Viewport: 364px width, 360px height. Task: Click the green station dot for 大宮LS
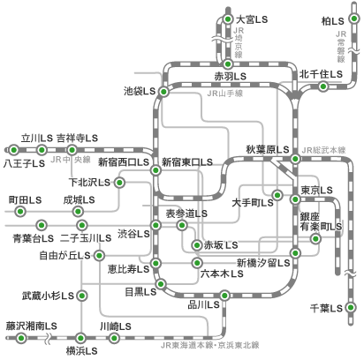228,19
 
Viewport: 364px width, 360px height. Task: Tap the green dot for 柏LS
354,19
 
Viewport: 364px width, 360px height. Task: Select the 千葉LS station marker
350,308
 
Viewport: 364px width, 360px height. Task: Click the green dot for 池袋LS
163,92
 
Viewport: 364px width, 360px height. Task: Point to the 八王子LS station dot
13,150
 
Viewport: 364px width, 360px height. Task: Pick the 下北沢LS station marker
119,183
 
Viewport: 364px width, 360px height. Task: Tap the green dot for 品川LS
224,295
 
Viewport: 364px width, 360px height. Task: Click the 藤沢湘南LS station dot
21,338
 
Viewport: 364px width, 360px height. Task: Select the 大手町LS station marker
277,195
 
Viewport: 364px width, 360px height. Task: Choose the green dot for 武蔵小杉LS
82,296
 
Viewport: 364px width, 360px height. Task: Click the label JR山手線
225,94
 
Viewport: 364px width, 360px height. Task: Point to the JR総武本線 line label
323,150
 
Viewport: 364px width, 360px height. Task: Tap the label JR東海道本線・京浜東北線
210,345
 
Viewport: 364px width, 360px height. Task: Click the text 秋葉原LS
268,149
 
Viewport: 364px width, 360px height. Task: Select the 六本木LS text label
222,274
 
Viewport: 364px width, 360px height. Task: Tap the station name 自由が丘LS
64,255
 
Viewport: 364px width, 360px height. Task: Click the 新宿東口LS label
187,162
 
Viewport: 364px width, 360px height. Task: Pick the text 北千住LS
321,74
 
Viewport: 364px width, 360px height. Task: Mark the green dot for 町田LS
20,211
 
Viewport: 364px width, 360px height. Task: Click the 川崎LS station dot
113,338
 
